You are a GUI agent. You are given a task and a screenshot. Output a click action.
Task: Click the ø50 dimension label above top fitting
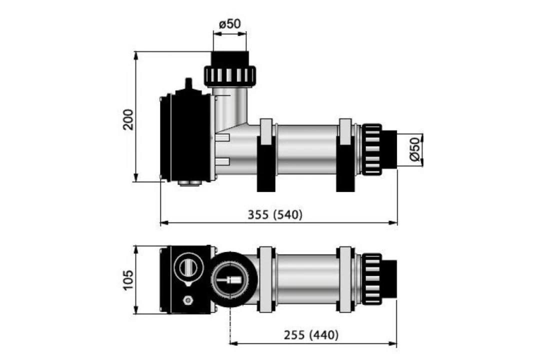click(230, 24)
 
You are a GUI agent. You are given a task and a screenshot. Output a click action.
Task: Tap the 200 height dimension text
click(129, 118)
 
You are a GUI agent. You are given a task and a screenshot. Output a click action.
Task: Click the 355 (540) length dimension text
click(275, 214)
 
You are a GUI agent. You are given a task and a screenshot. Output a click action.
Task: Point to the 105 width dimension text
click(128, 280)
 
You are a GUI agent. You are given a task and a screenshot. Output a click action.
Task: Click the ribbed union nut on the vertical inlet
click(229, 75)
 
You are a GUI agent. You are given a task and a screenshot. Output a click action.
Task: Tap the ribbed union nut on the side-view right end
click(371, 149)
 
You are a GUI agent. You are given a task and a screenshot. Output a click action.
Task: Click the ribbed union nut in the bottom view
click(371, 279)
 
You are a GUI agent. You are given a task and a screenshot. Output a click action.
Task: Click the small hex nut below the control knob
click(187, 300)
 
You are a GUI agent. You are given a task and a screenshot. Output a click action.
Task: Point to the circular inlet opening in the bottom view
click(229, 279)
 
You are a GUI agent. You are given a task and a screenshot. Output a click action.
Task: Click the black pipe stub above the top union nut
click(229, 57)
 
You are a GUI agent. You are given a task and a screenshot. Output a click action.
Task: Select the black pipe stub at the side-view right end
click(389, 149)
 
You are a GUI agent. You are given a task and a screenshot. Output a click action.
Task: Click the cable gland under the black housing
click(189, 183)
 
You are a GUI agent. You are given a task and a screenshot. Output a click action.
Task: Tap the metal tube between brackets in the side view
click(306, 149)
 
